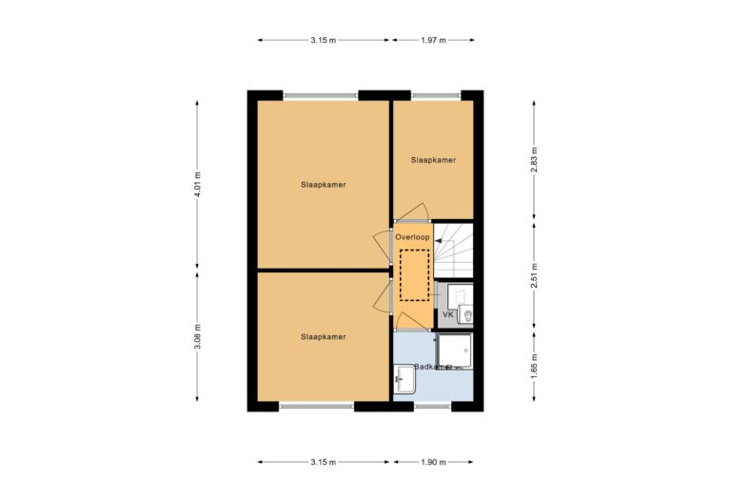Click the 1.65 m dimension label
534,364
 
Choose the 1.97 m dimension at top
432,40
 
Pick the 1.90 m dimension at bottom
432,462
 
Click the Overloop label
413,236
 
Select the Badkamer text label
432,366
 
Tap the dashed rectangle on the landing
415,274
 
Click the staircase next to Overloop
455,251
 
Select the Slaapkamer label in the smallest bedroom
433,160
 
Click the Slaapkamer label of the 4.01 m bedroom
323,184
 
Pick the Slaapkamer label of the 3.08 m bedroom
323,336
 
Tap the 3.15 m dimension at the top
323,40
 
